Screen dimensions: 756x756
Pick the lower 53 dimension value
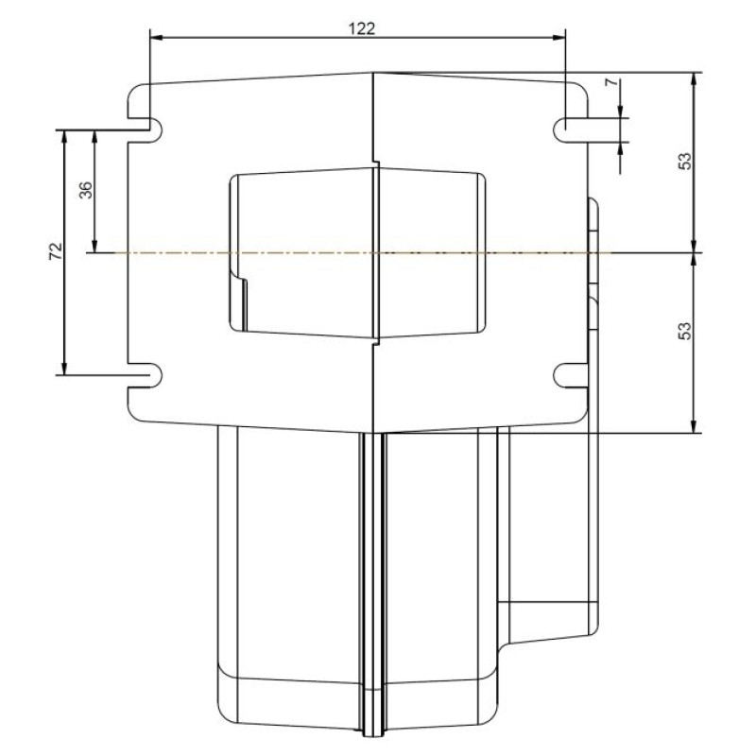point(686,331)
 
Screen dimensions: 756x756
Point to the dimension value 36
point(85,190)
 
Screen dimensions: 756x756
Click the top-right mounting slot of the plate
point(568,128)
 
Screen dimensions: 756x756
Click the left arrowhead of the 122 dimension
point(157,38)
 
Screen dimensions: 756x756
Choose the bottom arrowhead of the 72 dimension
point(64,368)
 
